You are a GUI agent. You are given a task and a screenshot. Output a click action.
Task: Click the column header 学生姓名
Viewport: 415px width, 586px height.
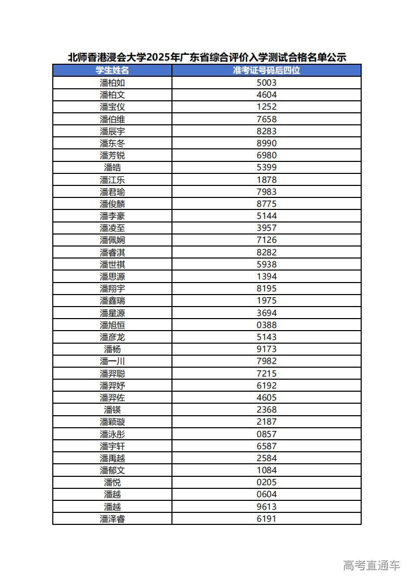tap(112, 71)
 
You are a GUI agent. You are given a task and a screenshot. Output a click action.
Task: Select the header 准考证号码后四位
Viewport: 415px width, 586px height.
tap(267, 71)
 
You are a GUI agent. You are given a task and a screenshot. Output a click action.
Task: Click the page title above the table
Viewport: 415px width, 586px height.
tap(207, 57)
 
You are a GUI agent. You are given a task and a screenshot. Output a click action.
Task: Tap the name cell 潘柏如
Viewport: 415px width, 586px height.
tap(112, 83)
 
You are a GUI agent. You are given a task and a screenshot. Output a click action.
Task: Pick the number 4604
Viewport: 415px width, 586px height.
tap(267, 95)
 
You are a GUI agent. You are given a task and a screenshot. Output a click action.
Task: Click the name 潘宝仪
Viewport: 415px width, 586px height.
tap(112, 107)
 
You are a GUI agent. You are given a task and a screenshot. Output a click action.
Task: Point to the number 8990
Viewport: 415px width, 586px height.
tap(267, 143)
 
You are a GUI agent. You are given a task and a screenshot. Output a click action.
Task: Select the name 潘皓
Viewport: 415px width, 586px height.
tap(112, 167)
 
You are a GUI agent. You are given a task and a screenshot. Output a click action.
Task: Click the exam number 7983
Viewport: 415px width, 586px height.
tap(267, 192)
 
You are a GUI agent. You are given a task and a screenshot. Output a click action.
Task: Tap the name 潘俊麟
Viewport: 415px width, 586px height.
tap(112, 204)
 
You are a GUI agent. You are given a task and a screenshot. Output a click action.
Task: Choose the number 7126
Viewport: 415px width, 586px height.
tap(267, 240)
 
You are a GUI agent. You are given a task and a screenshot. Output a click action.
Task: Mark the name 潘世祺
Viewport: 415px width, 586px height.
tap(112, 264)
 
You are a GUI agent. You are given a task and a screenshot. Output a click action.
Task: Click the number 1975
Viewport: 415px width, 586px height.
tap(267, 300)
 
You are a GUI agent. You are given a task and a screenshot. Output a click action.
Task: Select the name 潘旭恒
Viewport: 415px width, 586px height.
tap(112, 325)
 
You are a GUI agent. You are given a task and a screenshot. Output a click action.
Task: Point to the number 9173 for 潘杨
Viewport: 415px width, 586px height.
tap(267, 349)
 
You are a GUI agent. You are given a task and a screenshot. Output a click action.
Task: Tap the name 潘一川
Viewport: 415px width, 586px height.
tap(112, 361)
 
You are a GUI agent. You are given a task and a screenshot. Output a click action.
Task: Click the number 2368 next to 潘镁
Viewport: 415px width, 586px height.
tap(267, 409)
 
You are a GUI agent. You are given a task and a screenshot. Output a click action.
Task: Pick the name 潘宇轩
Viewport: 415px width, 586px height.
tap(112, 446)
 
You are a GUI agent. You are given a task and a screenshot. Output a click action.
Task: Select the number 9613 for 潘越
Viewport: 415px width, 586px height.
tap(267, 507)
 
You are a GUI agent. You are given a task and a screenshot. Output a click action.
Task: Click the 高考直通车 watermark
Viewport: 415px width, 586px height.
tap(371, 565)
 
